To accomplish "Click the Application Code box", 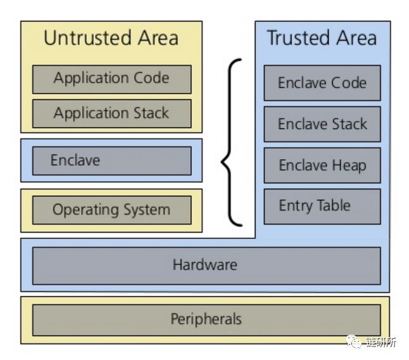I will (x=111, y=79).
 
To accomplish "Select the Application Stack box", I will (x=111, y=113).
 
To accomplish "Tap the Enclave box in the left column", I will (x=111, y=160).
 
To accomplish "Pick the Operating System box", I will (x=111, y=210).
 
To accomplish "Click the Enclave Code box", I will (x=322, y=82).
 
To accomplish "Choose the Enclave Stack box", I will (x=322, y=124).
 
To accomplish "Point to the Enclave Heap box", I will (x=322, y=165).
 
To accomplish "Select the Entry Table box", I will (x=322, y=206).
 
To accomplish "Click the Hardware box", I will (x=206, y=265).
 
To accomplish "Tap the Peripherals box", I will (x=206, y=319).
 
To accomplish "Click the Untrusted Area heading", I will (x=111, y=38).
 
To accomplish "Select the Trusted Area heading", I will (x=322, y=38).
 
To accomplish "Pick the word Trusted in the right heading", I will (x=294, y=38).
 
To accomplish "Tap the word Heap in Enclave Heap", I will (x=350, y=166).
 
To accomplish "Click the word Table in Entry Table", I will (x=334, y=205).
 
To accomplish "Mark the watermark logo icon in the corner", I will (x=353, y=342).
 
